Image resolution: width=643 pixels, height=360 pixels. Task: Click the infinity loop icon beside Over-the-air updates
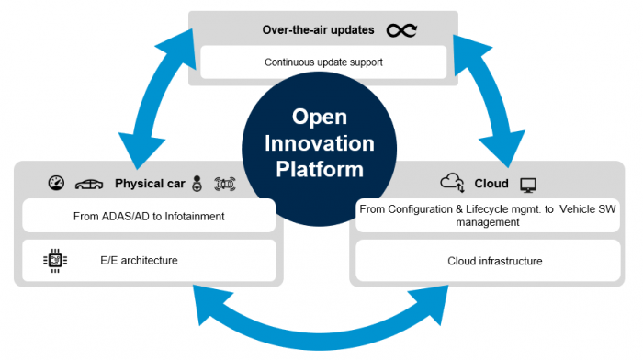tap(400, 31)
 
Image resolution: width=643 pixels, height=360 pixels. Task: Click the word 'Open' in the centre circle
tap(318, 118)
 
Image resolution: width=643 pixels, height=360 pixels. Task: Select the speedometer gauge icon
tap(56, 183)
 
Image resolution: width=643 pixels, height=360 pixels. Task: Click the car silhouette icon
tap(89, 184)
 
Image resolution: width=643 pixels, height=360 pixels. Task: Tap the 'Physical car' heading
tap(151, 184)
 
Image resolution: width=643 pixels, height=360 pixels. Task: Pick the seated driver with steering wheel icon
tap(197, 184)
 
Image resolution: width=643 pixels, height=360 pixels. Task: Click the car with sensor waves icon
tap(225, 184)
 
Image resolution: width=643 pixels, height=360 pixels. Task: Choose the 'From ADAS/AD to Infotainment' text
tap(148, 218)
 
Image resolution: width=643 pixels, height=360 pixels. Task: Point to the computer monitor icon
tap(528, 185)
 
